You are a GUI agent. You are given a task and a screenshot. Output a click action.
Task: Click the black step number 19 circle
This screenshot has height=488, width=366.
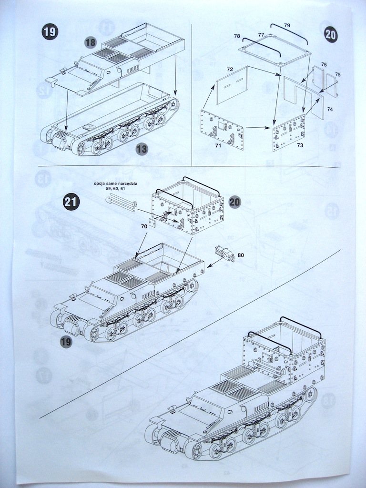50,32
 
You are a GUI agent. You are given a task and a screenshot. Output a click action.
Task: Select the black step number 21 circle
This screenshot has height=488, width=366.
70,202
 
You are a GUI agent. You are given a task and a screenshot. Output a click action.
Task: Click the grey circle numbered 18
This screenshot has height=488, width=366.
91,42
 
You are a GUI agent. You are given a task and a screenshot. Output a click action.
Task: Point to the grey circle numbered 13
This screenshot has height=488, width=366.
142,149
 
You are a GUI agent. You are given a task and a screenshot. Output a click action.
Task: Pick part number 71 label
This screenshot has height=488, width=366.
218,145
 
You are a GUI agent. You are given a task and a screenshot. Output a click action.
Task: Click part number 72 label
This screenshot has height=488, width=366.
230,70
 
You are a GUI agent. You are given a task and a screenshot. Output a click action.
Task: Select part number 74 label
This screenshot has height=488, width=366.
330,109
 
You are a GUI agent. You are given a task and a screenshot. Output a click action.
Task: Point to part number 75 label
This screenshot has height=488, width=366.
338,74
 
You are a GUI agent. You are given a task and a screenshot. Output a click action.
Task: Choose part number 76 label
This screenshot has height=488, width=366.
324,64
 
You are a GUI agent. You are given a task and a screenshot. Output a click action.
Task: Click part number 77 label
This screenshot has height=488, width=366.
261,35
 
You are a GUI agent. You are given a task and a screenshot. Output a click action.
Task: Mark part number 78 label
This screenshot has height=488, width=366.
237,36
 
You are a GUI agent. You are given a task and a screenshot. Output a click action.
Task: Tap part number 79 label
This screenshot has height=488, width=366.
287,25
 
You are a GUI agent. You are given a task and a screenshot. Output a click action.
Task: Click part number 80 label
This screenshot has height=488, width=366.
240,255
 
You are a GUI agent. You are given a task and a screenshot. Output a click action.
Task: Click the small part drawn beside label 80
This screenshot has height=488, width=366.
225,254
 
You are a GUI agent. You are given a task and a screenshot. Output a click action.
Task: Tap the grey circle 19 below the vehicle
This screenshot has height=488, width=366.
66,341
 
